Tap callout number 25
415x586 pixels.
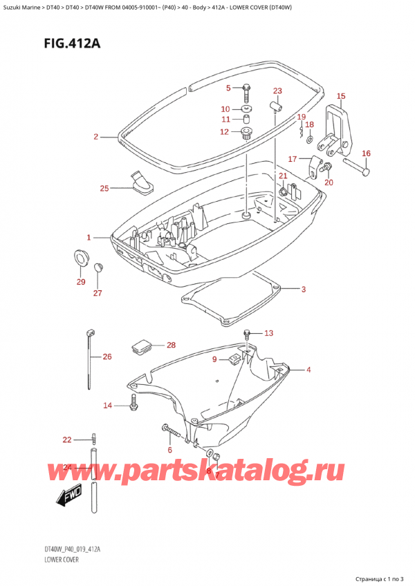click(x=104, y=189)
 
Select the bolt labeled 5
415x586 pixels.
click(x=246, y=88)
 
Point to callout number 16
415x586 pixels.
click(x=366, y=153)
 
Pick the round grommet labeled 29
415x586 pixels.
click(x=80, y=259)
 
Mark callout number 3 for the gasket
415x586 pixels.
click(x=303, y=289)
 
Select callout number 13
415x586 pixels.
click(x=268, y=333)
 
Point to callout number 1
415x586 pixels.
click(x=89, y=238)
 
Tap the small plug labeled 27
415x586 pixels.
click(x=98, y=267)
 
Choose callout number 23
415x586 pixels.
click(x=277, y=91)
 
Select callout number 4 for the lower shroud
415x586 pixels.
click(x=308, y=370)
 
